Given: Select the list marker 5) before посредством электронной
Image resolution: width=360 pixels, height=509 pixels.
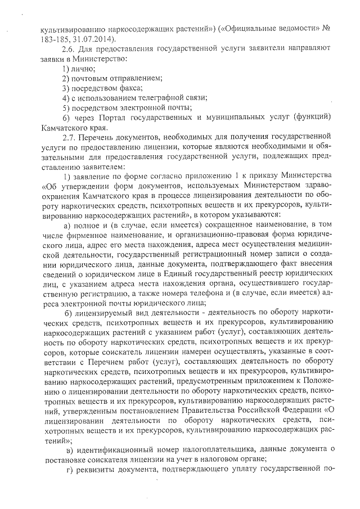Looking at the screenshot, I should click(66, 107).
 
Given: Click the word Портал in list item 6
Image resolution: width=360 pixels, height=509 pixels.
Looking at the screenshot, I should click(111, 118).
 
